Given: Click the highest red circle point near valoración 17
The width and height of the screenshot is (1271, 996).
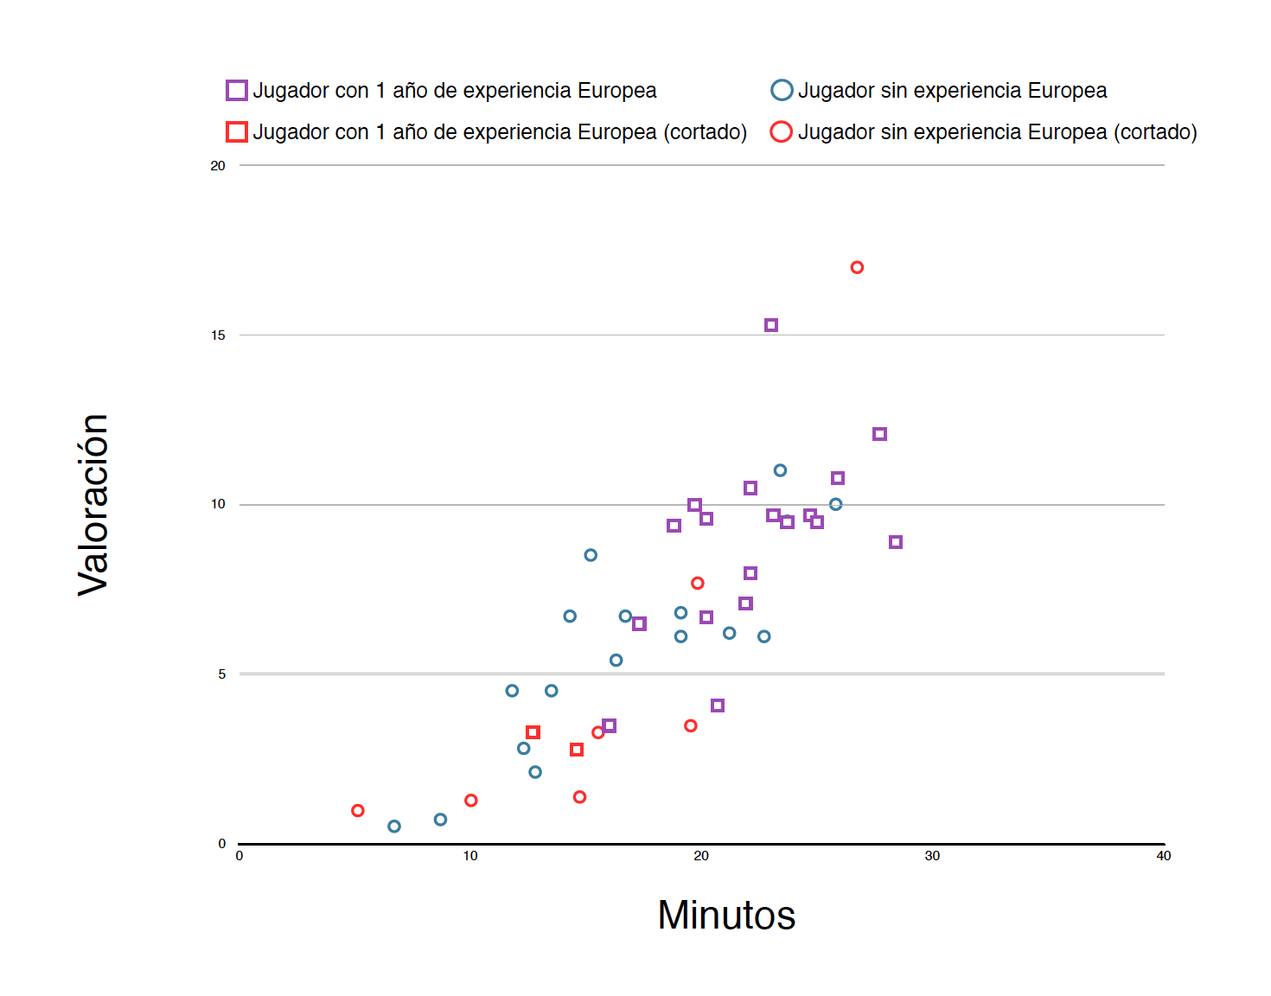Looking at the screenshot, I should (857, 267).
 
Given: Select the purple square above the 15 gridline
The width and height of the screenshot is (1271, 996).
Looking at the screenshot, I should (771, 325).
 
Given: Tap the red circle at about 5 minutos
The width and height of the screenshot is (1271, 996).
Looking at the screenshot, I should (358, 810).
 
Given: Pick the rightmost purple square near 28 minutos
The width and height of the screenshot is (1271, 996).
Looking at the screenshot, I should (896, 542).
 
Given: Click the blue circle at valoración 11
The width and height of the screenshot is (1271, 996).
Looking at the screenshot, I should (780, 470).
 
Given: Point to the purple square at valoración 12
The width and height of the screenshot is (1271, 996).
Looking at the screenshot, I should (879, 434).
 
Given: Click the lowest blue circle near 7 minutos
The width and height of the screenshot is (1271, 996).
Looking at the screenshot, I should (394, 827).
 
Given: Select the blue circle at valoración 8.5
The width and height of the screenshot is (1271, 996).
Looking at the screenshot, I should (591, 555).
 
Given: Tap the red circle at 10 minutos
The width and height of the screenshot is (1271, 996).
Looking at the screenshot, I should (471, 801).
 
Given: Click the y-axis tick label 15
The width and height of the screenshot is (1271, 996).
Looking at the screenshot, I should (218, 335).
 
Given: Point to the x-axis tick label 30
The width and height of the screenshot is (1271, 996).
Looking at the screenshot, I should (932, 856).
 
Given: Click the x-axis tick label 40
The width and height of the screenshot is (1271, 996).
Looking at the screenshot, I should (1164, 856).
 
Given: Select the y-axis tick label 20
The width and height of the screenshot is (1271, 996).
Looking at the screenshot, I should (218, 166).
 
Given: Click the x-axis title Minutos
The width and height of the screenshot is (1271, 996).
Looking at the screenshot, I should (726, 915).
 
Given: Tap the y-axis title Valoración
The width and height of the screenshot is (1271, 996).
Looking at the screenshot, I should (93, 505).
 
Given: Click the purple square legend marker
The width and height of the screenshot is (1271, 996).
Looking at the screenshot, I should (237, 90).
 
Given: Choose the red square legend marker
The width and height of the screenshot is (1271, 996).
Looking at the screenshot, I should (237, 131).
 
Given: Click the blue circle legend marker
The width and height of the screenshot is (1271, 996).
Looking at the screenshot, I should (782, 90).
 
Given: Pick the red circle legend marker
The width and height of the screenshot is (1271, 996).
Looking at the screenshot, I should (782, 131).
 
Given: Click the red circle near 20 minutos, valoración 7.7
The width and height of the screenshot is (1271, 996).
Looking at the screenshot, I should (698, 583).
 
